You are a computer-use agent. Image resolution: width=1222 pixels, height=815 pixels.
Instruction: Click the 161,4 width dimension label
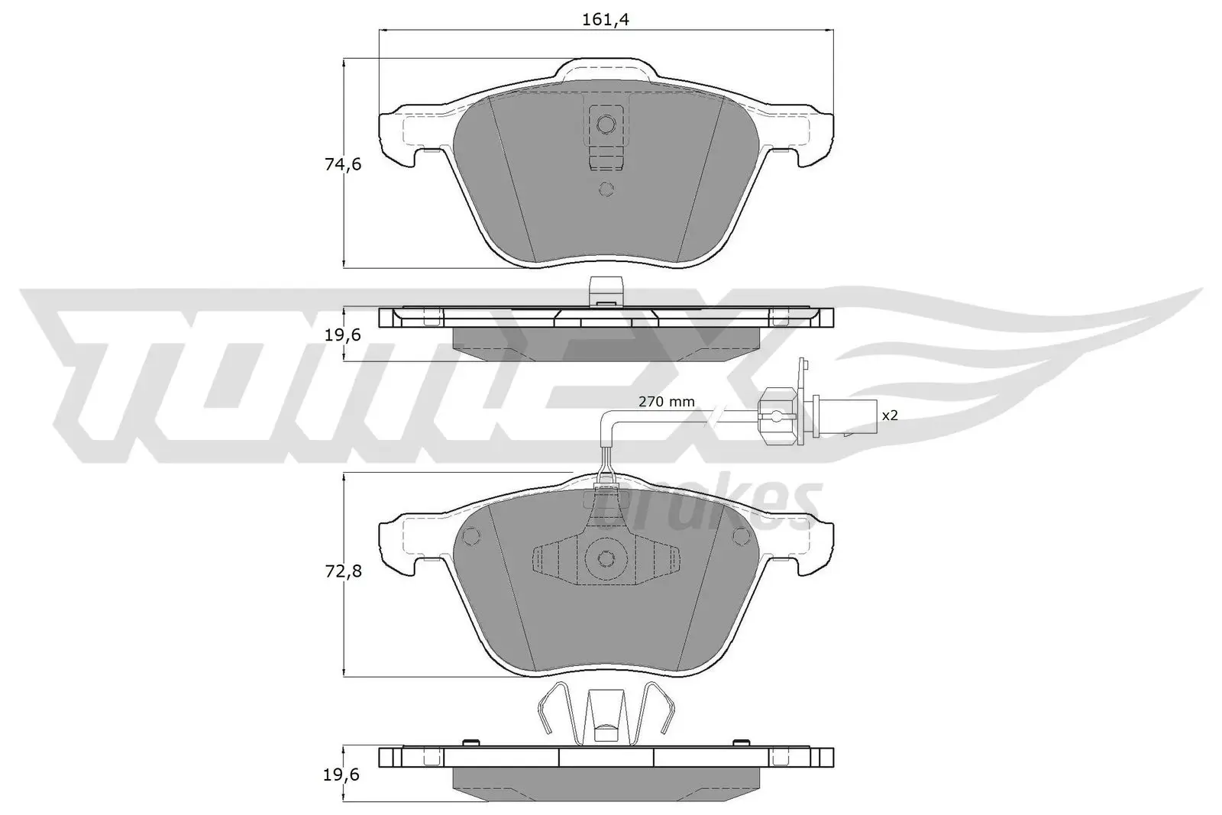click(x=605, y=20)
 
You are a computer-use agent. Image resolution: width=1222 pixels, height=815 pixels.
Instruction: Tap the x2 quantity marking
click(x=890, y=416)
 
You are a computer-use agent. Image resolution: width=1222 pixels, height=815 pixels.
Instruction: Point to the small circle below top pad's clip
click(x=606, y=189)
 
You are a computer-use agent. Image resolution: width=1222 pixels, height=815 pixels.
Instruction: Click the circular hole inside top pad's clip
click(x=606, y=123)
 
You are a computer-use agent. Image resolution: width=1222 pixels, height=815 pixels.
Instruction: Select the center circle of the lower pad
click(x=606, y=559)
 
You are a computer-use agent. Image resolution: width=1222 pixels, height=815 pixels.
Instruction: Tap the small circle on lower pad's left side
click(x=471, y=537)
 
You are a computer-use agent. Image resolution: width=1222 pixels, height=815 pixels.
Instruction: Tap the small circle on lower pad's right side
click(x=739, y=537)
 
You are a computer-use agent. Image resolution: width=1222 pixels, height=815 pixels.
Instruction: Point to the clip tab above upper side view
click(x=606, y=291)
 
